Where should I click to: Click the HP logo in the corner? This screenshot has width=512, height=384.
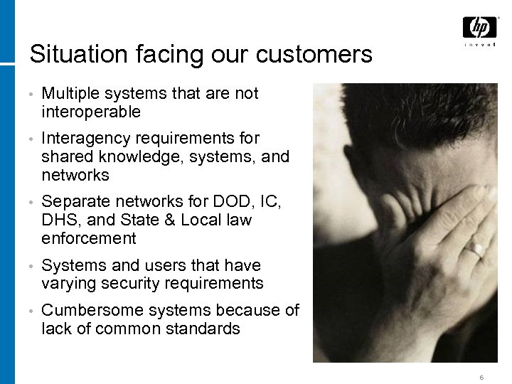click(x=480, y=28)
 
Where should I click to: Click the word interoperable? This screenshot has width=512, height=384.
click(x=91, y=112)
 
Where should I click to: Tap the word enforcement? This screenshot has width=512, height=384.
click(x=89, y=238)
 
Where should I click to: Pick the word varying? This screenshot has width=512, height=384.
click(x=69, y=284)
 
